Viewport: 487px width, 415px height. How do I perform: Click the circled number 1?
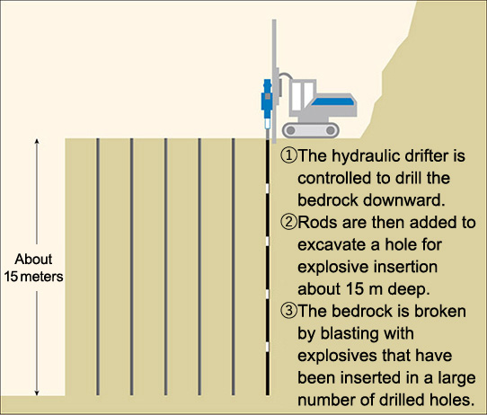[288, 155]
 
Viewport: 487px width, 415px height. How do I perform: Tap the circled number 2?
[288, 222]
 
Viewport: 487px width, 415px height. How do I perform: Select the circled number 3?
[288, 311]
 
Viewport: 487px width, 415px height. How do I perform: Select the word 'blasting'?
[350, 334]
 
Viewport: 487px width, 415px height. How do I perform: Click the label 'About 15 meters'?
[33, 268]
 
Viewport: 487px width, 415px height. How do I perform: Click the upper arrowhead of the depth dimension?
[37, 141]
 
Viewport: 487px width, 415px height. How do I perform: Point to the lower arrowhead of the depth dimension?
[37, 393]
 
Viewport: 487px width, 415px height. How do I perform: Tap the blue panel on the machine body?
[333, 102]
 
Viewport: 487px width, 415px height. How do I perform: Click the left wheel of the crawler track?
[291, 130]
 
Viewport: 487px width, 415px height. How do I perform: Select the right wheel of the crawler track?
[331, 130]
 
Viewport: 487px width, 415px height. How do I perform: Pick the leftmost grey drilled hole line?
[98, 267]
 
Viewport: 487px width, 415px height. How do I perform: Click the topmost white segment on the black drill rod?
[267, 188]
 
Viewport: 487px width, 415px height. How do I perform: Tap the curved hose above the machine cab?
[286, 75]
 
